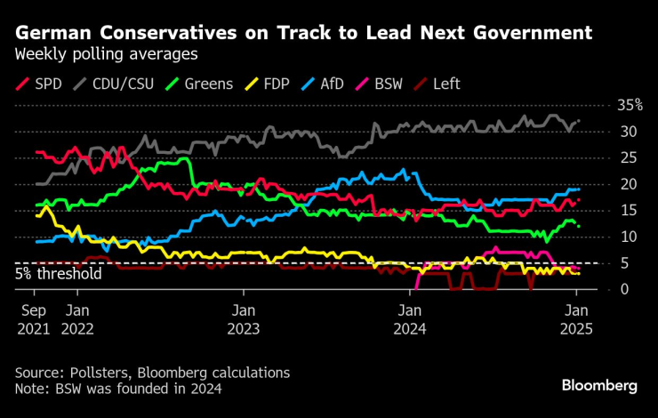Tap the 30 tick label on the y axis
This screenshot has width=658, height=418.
628,132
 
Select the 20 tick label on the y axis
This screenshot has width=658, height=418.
628,184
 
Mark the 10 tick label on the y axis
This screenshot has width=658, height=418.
628,237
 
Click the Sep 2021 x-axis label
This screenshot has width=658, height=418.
34,319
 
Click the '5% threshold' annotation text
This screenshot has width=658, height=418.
59,273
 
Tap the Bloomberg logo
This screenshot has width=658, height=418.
599,385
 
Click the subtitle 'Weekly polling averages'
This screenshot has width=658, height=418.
106,55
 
